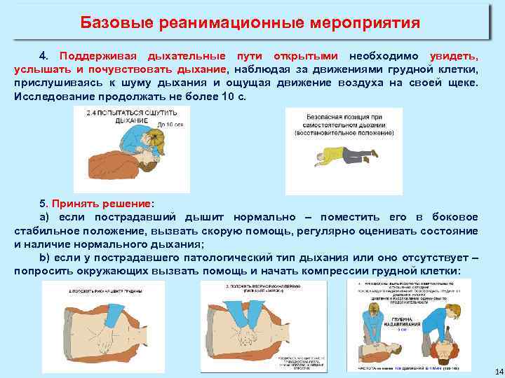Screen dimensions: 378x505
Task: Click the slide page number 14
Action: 490,370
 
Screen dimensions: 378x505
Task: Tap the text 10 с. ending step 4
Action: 232,97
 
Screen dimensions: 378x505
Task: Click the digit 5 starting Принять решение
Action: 43,204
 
